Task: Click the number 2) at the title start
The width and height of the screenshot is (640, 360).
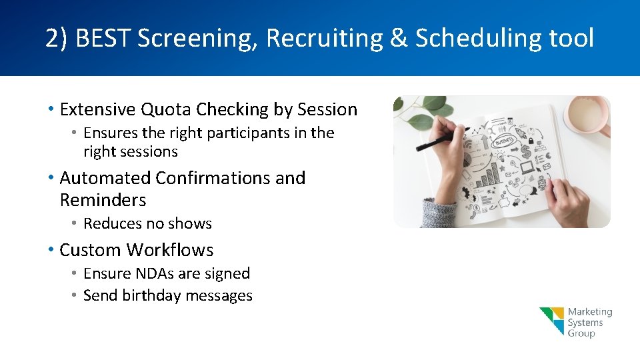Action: (x=57, y=39)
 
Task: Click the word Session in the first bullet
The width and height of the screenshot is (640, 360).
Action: (x=327, y=109)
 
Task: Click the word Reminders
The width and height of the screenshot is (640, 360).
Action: (x=103, y=200)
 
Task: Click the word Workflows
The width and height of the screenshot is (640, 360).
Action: (x=170, y=251)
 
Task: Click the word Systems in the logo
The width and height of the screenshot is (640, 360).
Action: (x=585, y=323)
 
